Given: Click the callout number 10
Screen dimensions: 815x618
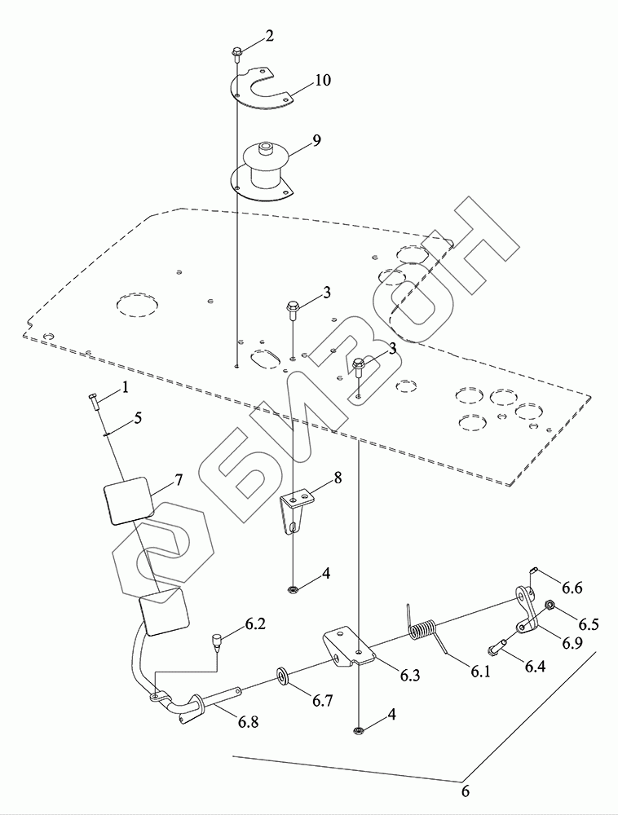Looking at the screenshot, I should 302,80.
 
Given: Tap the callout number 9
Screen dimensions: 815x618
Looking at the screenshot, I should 294,140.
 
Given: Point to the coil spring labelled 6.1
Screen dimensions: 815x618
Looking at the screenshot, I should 423,631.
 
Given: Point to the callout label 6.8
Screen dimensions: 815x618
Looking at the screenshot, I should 249,722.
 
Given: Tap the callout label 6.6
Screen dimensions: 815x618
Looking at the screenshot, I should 572,587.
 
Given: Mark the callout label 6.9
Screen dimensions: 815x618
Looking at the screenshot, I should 572,643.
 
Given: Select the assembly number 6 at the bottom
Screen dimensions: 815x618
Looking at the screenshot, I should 466,791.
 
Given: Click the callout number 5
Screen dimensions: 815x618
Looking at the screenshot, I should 138,418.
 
